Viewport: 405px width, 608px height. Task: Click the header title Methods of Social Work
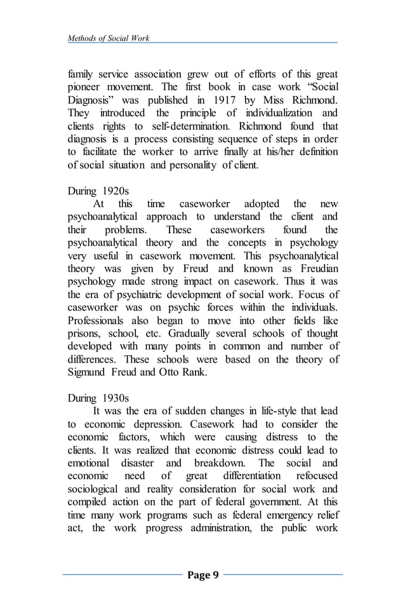tap(109, 39)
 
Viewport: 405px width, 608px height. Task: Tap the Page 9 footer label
tap(203, 576)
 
